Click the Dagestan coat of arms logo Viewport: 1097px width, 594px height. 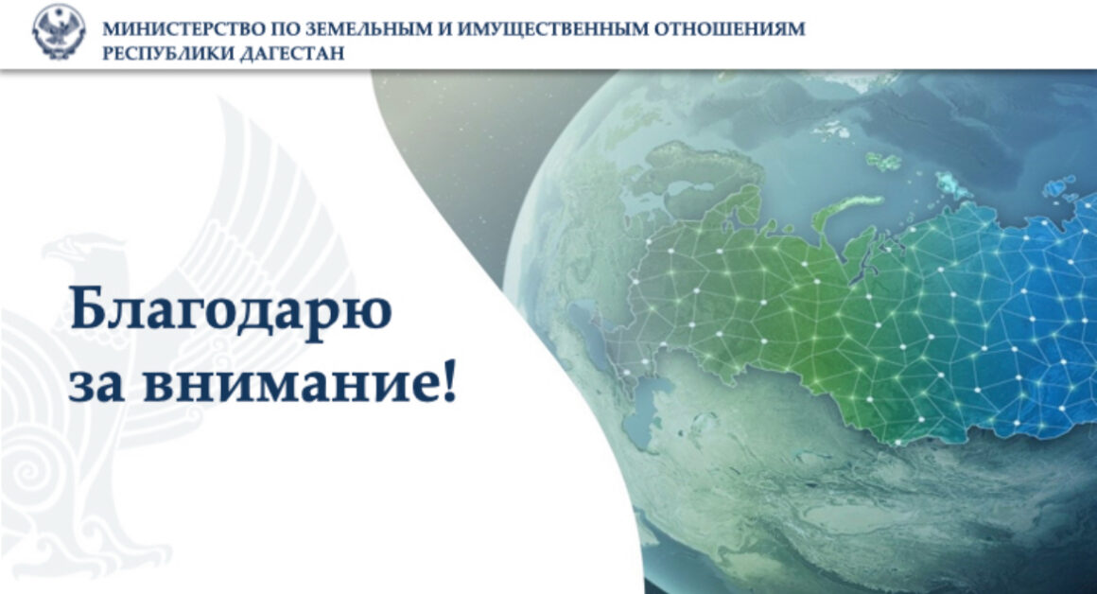tap(59, 31)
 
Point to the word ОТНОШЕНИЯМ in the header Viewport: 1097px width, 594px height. tap(730, 29)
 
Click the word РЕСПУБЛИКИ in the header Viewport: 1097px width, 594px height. tap(167, 53)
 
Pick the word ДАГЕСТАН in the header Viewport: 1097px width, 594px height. tap(292, 53)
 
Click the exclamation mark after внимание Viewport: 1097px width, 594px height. tap(450, 380)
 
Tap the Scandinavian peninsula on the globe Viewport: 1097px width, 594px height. tap(700, 182)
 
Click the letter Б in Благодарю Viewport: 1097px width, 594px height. tap(89, 307)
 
